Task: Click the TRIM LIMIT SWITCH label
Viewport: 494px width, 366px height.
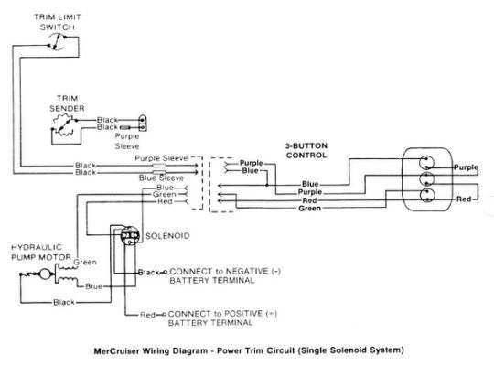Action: pyautogui.click(x=58, y=22)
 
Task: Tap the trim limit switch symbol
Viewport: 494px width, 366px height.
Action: pyautogui.click(x=57, y=41)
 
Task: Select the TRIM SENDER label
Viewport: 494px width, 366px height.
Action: pyautogui.click(x=67, y=103)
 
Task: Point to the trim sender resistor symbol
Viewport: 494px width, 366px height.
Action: pyautogui.click(x=65, y=125)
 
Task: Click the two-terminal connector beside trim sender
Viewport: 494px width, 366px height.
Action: pyautogui.click(x=143, y=123)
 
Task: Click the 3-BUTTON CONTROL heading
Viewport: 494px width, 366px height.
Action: pyautogui.click(x=306, y=150)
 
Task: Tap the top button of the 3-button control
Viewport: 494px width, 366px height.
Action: pyautogui.click(x=426, y=163)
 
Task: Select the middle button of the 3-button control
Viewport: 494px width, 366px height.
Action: pyautogui.click(x=427, y=178)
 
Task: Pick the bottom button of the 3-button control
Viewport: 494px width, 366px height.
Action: pyautogui.click(x=427, y=195)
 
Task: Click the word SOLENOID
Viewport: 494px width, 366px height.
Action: pyautogui.click(x=167, y=236)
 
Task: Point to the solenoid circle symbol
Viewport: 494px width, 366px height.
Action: pyautogui.click(x=130, y=235)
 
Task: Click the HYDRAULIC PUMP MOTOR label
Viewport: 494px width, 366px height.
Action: pyautogui.click(x=41, y=253)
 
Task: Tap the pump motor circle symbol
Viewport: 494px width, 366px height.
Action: pyautogui.click(x=45, y=274)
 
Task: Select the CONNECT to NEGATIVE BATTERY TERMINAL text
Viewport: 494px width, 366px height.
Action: pyautogui.click(x=225, y=275)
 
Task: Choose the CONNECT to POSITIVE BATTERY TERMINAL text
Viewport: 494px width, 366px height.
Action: pyautogui.click(x=222, y=318)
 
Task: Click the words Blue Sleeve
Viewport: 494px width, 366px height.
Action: pyautogui.click(x=161, y=178)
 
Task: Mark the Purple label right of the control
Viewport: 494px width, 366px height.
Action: pyautogui.click(x=466, y=167)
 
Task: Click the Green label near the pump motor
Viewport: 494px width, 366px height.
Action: pyautogui.click(x=85, y=262)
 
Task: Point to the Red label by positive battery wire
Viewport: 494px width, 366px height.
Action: pyautogui.click(x=147, y=314)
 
